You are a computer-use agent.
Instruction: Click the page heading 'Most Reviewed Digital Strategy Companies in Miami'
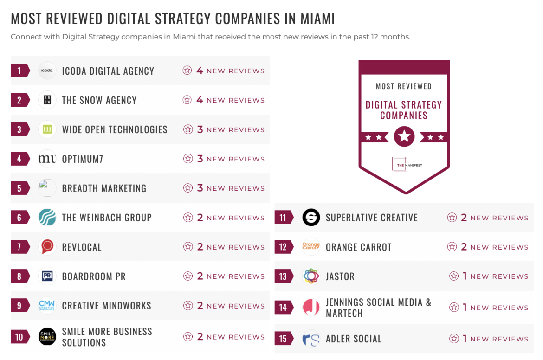click(173, 19)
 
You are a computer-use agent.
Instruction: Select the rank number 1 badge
click(19, 71)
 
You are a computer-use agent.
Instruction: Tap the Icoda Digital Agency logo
click(47, 71)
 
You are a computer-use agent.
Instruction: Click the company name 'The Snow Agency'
click(99, 100)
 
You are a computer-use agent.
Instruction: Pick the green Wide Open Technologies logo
click(47, 129)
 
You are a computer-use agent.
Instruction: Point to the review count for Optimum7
click(224, 159)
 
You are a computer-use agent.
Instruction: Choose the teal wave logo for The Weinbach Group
click(47, 218)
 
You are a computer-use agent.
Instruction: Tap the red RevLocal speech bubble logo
click(47, 247)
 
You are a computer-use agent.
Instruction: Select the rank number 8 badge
click(19, 276)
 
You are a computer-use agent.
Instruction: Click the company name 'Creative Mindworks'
click(107, 306)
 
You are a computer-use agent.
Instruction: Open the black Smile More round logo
click(47, 337)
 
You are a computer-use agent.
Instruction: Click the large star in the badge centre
click(404, 136)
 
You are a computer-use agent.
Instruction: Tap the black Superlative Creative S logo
click(311, 218)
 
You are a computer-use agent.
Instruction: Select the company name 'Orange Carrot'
click(359, 247)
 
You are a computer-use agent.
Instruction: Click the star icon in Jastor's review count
click(454, 276)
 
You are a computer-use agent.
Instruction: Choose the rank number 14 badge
click(283, 307)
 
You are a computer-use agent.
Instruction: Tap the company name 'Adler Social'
click(354, 339)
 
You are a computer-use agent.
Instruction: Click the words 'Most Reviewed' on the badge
click(404, 86)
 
